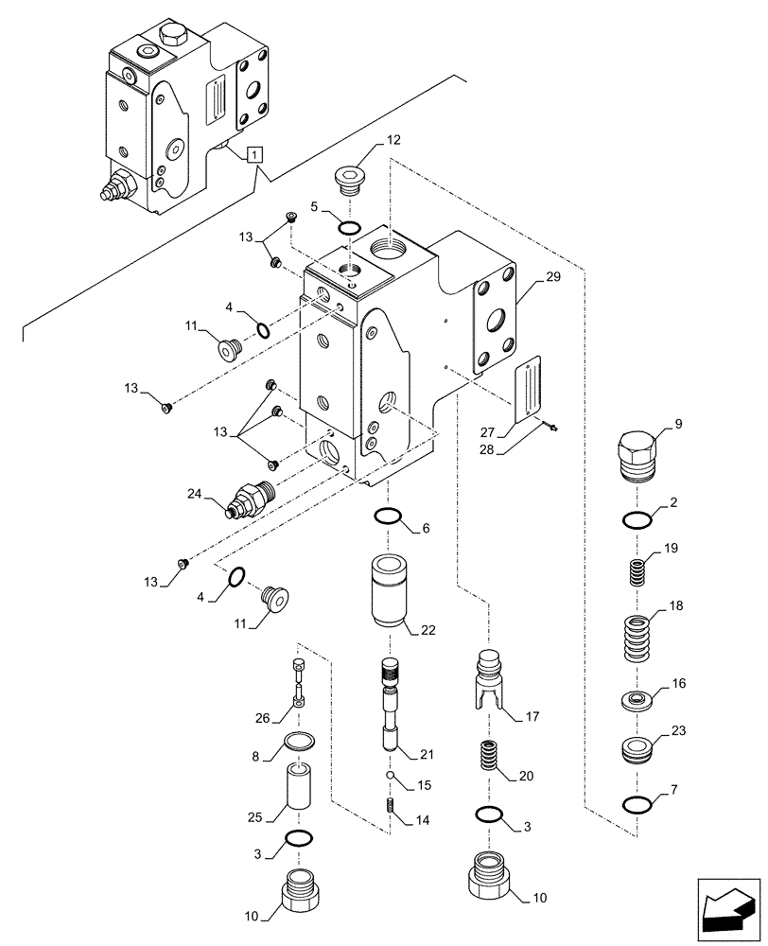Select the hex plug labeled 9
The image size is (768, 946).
637,456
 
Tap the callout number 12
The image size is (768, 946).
393,141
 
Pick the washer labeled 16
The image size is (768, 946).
638,702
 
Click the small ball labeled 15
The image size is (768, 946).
390,776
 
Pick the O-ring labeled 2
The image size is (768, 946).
638,519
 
